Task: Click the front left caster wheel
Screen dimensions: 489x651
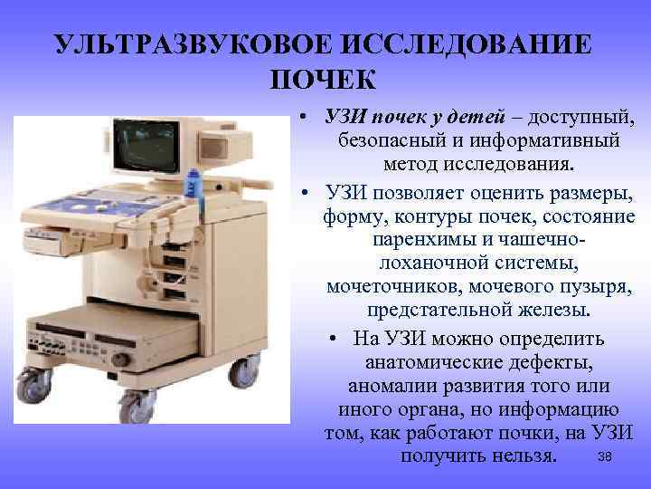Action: pos(35,388)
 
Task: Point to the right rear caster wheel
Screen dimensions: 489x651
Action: pos(243,371)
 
